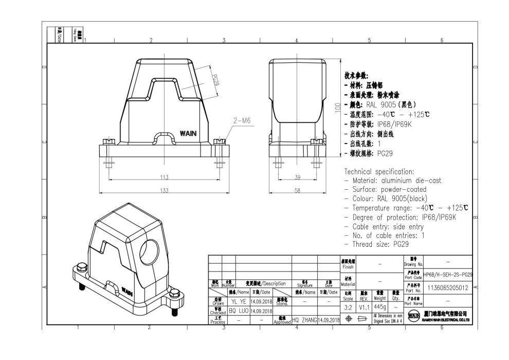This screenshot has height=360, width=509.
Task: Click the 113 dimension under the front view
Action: click(x=164, y=177)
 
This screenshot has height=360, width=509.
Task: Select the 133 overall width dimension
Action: click(x=164, y=190)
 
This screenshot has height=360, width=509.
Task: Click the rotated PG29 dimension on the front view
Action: click(x=216, y=79)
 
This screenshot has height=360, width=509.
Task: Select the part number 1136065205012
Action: click(x=447, y=288)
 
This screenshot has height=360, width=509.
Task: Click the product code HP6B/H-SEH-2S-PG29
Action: click(x=448, y=275)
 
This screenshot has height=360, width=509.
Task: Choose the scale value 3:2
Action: click(x=348, y=307)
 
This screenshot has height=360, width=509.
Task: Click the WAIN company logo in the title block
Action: click(x=412, y=315)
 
